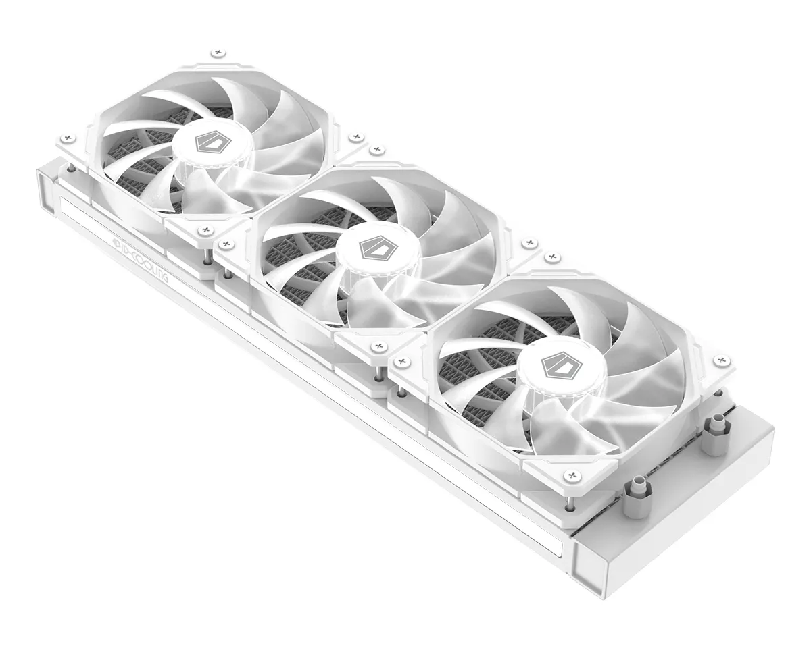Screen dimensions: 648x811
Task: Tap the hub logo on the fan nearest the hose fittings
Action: [x=552, y=365]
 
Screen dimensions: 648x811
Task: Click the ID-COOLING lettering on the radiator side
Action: [x=143, y=258]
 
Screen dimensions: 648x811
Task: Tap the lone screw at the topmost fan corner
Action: [x=216, y=53]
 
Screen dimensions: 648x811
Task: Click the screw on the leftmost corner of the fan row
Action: [x=66, y=138]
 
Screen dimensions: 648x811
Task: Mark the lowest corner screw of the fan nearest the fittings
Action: [x=572, y=476]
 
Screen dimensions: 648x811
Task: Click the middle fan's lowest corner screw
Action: [x=377, y=347]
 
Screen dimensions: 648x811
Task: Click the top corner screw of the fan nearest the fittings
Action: [x=553, y=257]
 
